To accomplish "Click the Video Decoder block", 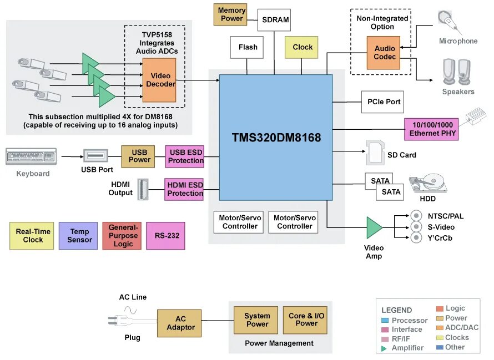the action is (159, 80).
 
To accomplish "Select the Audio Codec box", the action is (384, 53).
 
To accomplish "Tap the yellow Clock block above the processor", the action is (301, 47).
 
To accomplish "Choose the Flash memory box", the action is (246, 47).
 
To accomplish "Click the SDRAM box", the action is (274, 20).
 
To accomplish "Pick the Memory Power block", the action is (230, 14).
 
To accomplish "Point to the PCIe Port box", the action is (382, 102).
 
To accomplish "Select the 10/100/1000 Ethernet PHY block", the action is (431, 129).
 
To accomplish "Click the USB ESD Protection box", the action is (185, 156).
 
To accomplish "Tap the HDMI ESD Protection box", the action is (184, 189).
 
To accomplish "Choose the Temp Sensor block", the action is (78, 236).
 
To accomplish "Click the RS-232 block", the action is (165, 236).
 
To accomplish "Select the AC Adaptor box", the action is (179, 323).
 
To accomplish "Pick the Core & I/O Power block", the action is (305, 320).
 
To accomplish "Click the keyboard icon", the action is (31, 156).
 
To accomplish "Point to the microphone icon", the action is (450, 22).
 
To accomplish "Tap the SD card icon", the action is (376, 153).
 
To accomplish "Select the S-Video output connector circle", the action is (416, 227).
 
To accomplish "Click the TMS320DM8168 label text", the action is (276, 138).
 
